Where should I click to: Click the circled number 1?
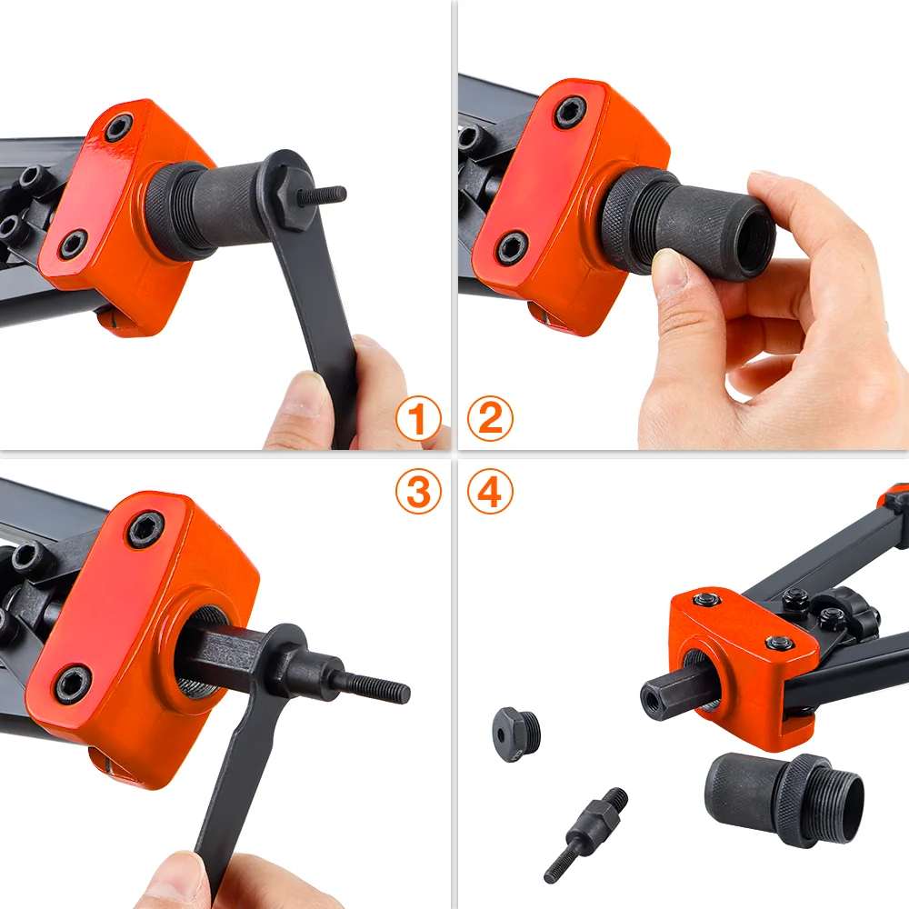click(418, 420)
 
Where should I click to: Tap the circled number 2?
click(490, 420)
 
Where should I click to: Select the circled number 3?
click(418, 492)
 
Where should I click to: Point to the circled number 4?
click(490, 492)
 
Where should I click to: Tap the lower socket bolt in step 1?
click(73, 244)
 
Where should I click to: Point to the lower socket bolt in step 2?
click(512, 247)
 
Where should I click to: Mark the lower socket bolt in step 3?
click(73, 684)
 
